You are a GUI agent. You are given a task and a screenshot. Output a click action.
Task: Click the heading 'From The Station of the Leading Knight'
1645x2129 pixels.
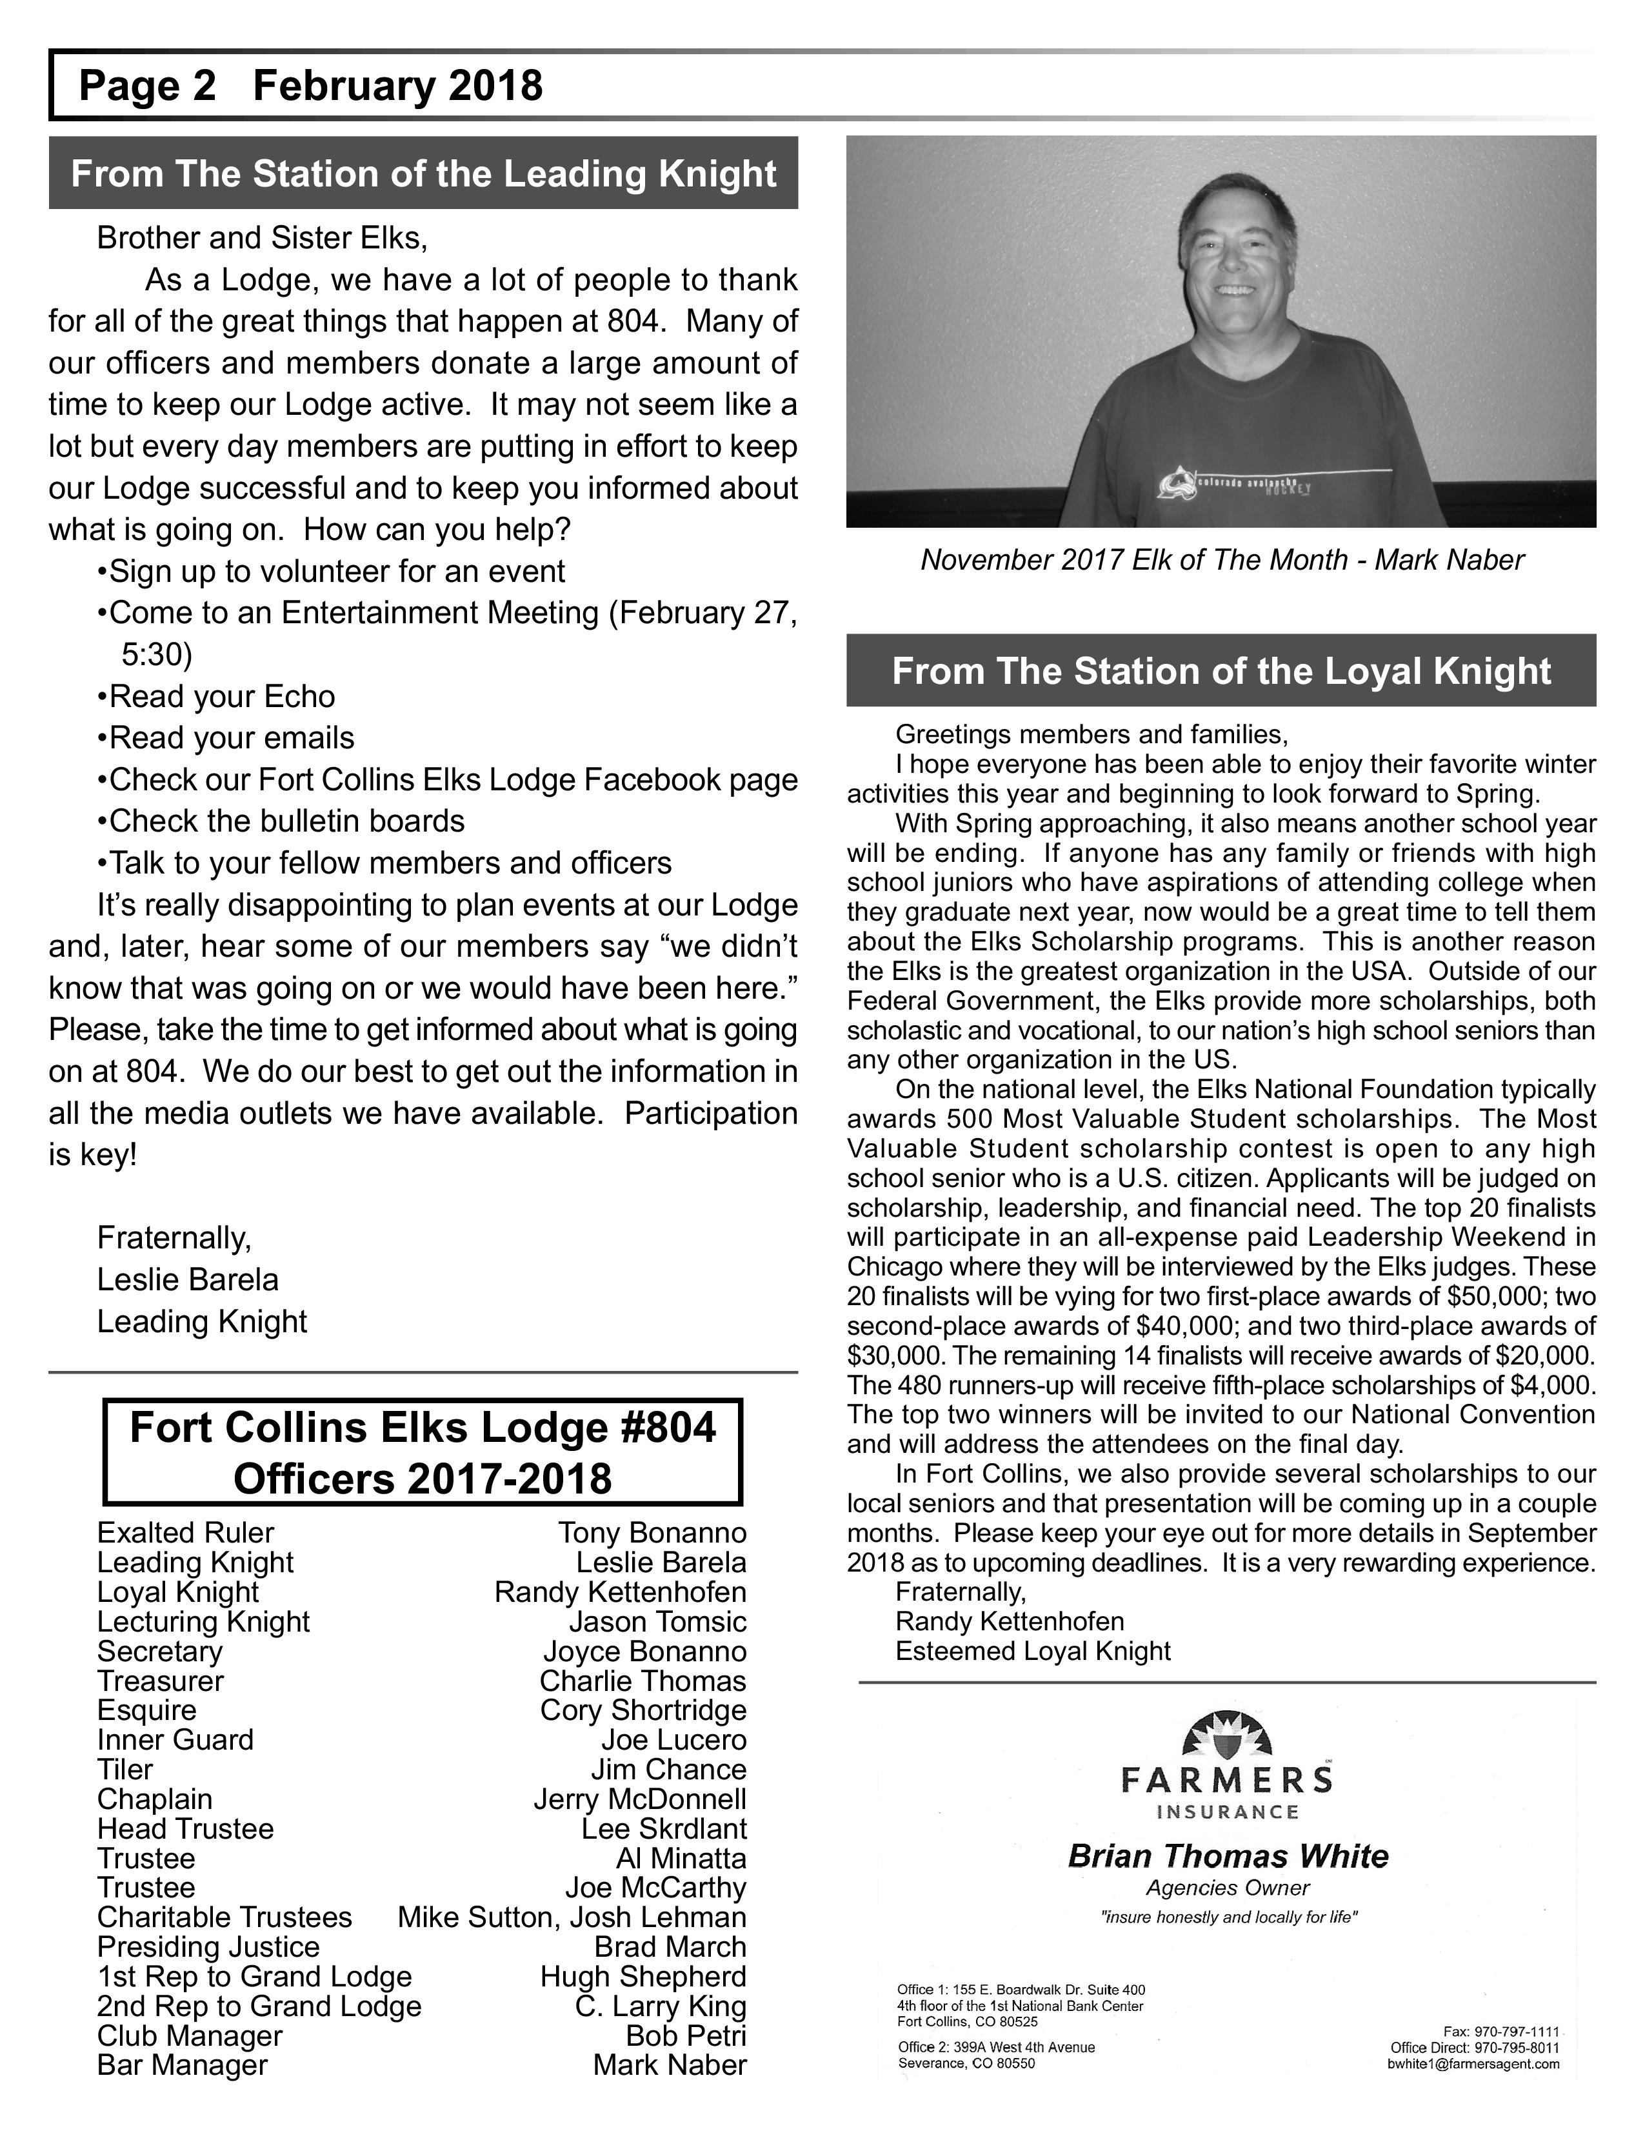point(423,174)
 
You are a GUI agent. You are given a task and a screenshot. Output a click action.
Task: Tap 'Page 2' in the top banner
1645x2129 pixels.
point(147,86)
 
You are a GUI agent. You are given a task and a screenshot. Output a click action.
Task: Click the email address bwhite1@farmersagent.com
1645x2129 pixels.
point(1473,2064)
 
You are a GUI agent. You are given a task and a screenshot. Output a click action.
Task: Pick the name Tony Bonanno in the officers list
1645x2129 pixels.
point(652,1532)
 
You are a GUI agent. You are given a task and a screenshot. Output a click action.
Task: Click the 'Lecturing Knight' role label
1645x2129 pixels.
point(203,1621)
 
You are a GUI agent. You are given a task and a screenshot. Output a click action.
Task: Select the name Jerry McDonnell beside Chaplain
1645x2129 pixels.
point(639,1799)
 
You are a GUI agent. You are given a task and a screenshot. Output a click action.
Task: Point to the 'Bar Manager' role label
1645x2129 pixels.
point(182,2064)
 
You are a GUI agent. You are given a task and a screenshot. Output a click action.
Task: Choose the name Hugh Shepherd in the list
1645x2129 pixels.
point(643,1976)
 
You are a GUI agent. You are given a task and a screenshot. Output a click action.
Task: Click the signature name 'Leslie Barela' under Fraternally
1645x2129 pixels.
point(188,1279)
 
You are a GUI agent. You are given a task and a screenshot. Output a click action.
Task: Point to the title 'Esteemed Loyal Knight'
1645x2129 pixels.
point(1033,1650)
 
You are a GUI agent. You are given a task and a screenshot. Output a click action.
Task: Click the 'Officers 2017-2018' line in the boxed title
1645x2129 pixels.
point(422,1479)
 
